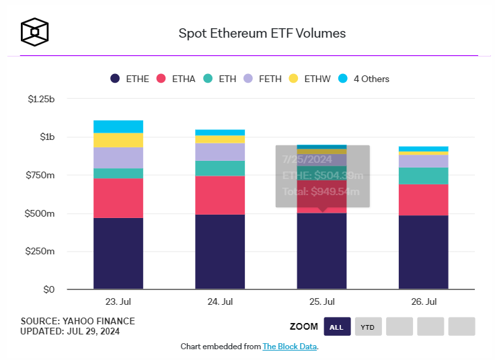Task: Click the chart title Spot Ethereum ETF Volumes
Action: (x=262, y=33)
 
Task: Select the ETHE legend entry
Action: (x=130, y=79)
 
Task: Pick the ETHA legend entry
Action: (x=176, y=79)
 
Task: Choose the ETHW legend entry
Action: (x=309, y=79)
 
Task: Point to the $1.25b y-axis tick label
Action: (x=42, y=99)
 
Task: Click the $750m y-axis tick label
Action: (x=42, y=176)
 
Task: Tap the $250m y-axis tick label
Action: (x=42, y=252)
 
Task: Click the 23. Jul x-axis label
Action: (x=118, y=301)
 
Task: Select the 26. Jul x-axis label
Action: (x=423, y=301)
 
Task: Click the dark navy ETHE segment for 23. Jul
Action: (x=118, y=254)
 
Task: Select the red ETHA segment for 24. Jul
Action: (x=220, y=195)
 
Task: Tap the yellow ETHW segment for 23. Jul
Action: (x=118, y=140)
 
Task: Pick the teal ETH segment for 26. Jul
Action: (x=423, y=176)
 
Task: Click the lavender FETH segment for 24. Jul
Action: (x=220, y=152)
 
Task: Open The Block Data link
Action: (x=289, y=347)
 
